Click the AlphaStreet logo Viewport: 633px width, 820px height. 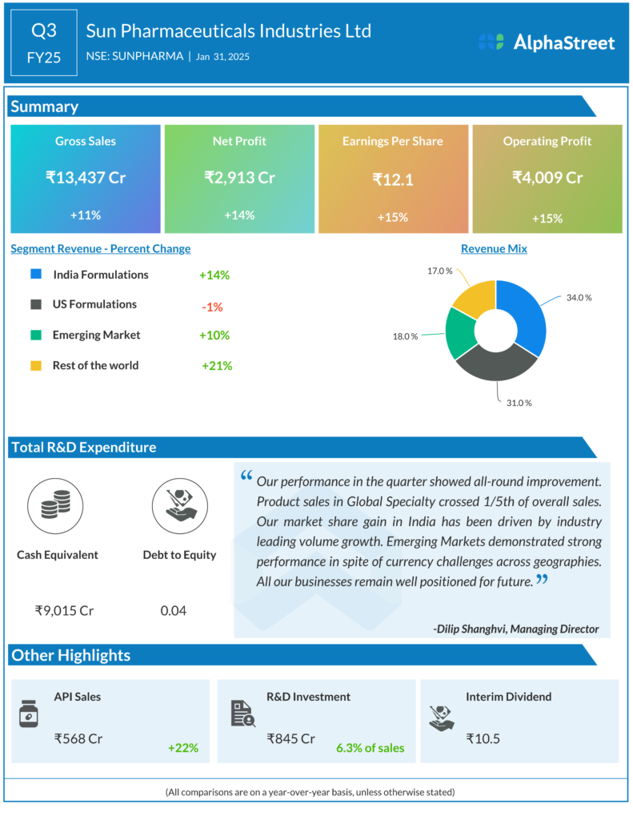(x=547, y=42)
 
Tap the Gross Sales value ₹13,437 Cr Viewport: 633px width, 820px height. (x=86, y=178)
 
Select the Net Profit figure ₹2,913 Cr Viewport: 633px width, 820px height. (x=239, y=178)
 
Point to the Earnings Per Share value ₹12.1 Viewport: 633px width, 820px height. (x=392, y=180)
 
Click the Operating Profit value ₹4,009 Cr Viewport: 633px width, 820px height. (x=547, y=178)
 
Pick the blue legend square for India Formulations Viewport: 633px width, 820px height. (x=36, y=275)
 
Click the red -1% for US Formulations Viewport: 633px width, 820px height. (x=213, y=307)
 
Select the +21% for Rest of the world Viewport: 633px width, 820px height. (x=217, y=366)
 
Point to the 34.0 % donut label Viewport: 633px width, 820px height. (x=579, y=298)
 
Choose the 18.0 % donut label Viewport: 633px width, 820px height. (x=405, y=336)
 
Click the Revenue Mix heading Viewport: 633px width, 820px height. (x=494, y=249)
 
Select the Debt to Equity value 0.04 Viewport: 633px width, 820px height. (x=173, y=611)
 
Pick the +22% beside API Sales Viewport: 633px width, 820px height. (x=183, y=748)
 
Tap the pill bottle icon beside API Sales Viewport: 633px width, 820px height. (x=29, y=713)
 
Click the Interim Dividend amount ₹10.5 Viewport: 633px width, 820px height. (x=483, y=738)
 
